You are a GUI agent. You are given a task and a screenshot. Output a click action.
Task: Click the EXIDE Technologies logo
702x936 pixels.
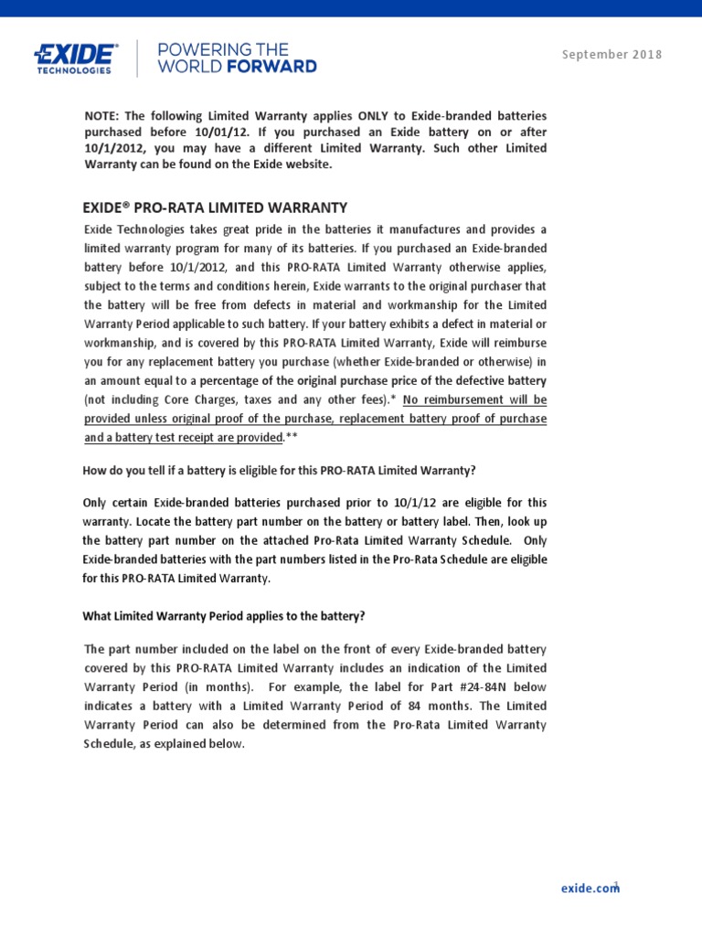[75, 57]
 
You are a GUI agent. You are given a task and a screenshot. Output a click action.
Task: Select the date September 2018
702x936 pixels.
[612, 54]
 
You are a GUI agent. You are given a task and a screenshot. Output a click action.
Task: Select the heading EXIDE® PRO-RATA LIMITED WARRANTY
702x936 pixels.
[216, 207]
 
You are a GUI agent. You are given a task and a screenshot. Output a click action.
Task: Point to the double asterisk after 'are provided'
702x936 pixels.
[291, 438]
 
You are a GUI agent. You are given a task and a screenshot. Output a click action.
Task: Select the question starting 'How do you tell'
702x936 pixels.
[280, 471]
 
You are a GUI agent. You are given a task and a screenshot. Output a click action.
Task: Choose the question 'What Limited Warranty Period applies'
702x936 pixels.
[224, 615]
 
